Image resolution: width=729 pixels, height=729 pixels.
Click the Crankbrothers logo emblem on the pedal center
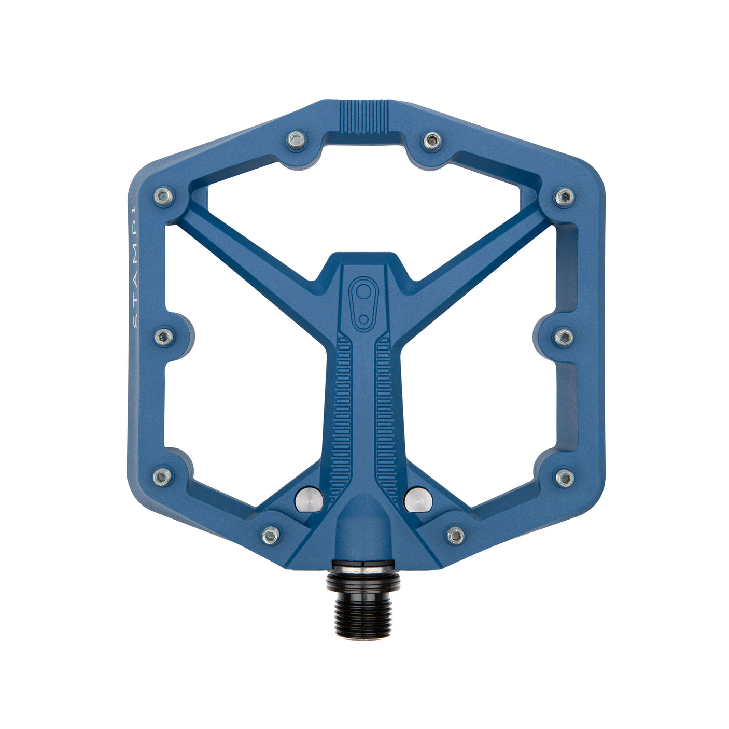coord(364,304)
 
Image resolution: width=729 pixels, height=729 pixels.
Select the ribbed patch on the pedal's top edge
coord(364,115)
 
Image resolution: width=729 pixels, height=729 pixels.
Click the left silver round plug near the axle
coord(309,498)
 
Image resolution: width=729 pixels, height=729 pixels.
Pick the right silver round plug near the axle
coord(418,498)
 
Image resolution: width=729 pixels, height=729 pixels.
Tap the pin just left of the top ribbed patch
coord(296,139)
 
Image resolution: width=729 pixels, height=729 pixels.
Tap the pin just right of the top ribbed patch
coord(432,139)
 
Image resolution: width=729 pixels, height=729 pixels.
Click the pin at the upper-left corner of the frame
coord(163,197)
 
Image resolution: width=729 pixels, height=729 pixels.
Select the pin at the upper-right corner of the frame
coord(564,197)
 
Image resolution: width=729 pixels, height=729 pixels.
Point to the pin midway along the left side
coord(164,337)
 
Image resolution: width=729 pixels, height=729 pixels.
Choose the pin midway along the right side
coord(564,337)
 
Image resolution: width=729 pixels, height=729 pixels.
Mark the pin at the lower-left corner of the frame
coord(163,476)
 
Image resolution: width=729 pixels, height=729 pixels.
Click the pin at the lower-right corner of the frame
coord(565,477)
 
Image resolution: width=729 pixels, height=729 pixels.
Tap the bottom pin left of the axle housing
coord(271,535)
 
